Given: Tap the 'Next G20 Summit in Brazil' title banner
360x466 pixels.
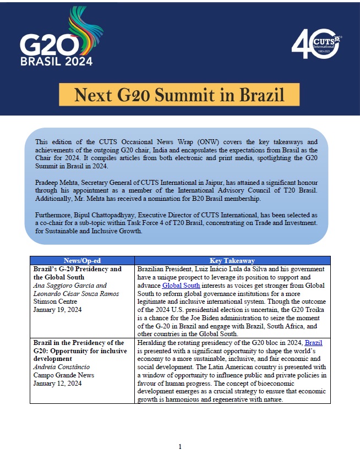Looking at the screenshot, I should click(179, 95).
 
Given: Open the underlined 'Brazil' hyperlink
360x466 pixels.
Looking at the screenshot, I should click(314, 343).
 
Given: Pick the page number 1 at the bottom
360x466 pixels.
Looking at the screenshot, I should click(179, 447).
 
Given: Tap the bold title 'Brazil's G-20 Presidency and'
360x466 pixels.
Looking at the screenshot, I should click(77, 269).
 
